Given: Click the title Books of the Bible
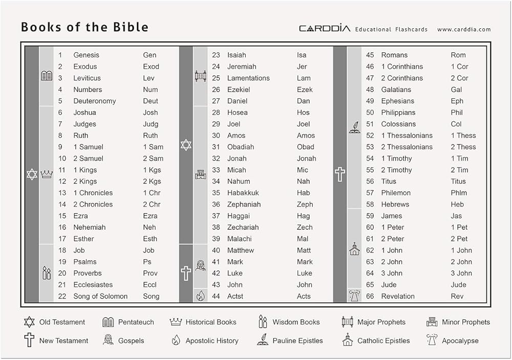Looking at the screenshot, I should pyautogui.click(x=84, y=27).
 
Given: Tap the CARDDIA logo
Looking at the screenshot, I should pyautogui.click(x=324, y=29).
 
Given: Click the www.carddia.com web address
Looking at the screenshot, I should pyautogui.click(x=463, y=30).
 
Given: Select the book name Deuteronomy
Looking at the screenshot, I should pyautogui.click(x=94, y=101).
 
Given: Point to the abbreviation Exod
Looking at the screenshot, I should pyautogui.click(x=151, y=67).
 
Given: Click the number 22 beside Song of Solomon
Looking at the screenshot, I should pyautogui.click(x=62, y=296).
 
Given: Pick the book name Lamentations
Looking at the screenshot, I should pyautogui.click(x=248, y=78).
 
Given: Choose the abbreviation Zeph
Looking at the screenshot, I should pyautogui.click(x=305, y=204).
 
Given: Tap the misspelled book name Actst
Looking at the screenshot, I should pyautogui.click(x=236, y=296).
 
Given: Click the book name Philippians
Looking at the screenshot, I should pyautogui.click(x=398, y=113).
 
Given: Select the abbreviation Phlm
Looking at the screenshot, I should pyautogui.click(x=459, y=193).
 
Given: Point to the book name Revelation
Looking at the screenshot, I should pyautogui.click(x=398, y=296).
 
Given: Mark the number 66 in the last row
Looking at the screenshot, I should pyautogui.click(x=370, y=296).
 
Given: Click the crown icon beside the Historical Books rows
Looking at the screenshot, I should pyautogui.click(x=47, y=175).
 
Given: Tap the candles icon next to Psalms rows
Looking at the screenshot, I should pyautogui.click(x=47, y=273).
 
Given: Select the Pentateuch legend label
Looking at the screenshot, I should pyautogui.click(x=136, y=322).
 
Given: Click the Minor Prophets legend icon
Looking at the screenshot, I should pyautogui.click(x=432, y=322).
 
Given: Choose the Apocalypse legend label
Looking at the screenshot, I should pyautogui.click(x=460, y=341).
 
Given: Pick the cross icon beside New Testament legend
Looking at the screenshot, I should pyautogui.click(x=29, y=340).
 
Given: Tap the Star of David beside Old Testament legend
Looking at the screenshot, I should pyautogui.click(x=29, y=322).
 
